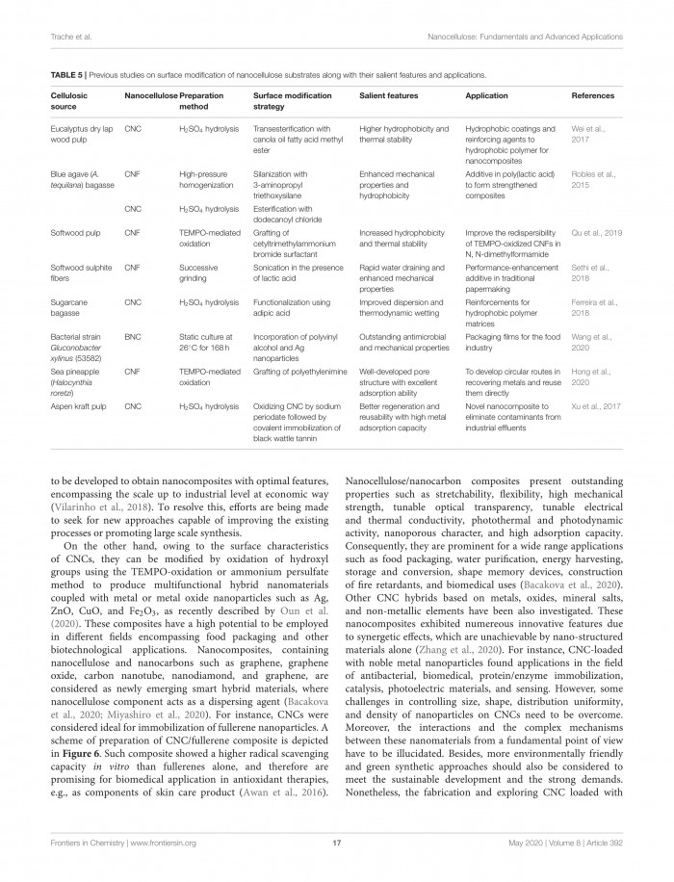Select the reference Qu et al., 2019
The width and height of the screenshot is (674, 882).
(x=599, y=231)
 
